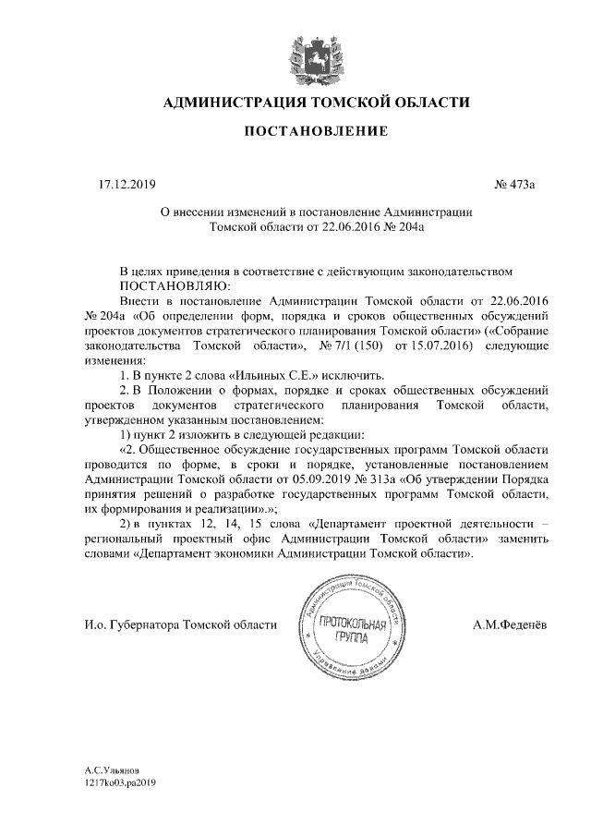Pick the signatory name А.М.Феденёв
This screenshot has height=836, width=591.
tap(509, 625)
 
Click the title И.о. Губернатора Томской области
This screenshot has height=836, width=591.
tap(179, 625)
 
